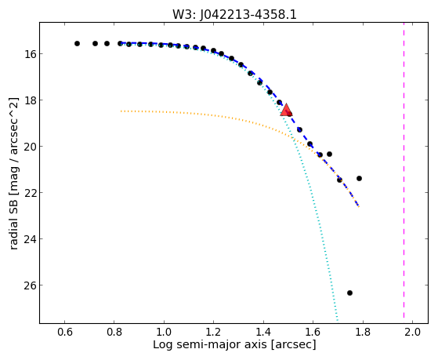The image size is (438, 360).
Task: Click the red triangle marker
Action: (286, 110)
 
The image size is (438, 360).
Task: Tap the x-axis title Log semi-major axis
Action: (210, 345)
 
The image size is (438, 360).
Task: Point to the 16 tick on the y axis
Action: (29, 53)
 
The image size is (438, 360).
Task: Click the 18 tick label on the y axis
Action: (29, 100)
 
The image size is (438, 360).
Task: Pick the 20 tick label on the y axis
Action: (29, 147)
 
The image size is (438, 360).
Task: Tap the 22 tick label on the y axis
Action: (29, 193)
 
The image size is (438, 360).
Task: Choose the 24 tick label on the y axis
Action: (29, 239)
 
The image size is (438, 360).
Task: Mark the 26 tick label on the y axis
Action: (29, 285)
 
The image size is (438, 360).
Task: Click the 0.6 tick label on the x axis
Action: (65, 332)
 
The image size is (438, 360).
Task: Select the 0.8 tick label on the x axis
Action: (114, 332)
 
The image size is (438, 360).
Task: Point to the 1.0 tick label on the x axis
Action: (164, 332)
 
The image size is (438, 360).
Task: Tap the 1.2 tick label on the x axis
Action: (214, 332)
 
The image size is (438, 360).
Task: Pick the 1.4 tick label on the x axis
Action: (263, 332)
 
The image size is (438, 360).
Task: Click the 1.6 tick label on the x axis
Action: (313, 332)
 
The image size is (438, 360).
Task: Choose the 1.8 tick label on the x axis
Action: (363, 332)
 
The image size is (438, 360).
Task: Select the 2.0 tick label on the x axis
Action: (412, 332)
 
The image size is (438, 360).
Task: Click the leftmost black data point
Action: (77, 44)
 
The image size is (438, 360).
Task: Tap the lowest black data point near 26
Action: (349, 293)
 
